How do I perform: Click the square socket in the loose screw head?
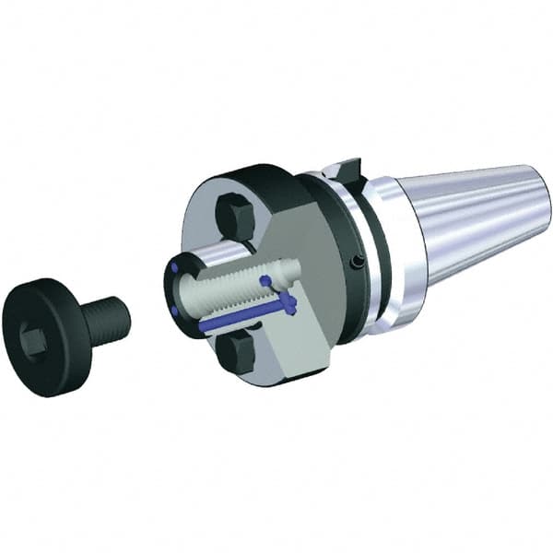click(33, 342)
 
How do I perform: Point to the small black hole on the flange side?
click(357, 264)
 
